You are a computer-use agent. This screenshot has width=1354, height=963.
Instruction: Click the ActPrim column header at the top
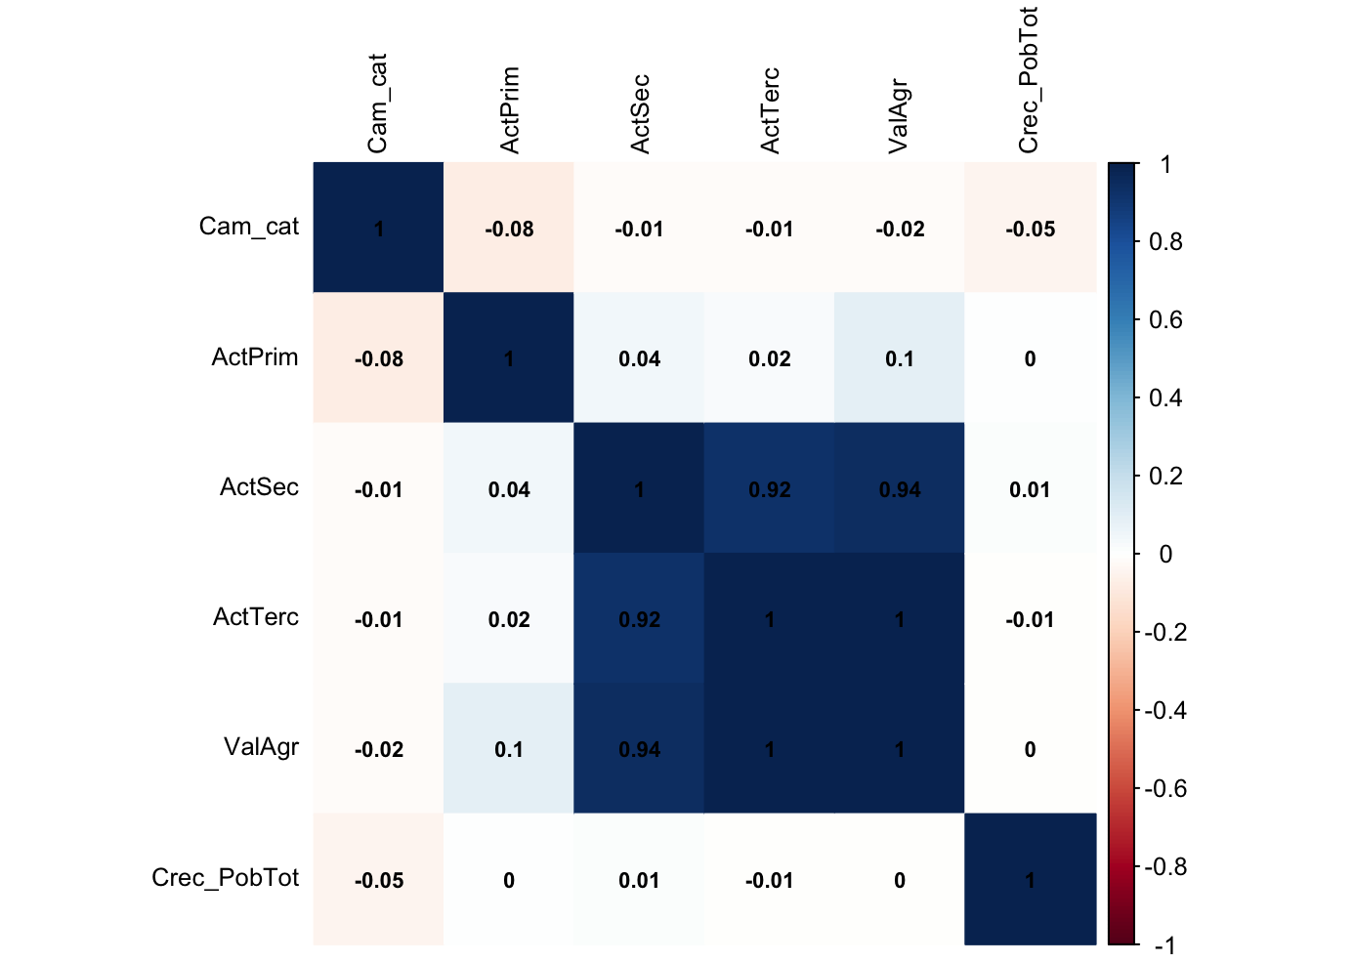509,110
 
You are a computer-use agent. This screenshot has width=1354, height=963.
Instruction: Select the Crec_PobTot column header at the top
1029,80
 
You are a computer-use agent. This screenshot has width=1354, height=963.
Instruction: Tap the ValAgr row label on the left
261,747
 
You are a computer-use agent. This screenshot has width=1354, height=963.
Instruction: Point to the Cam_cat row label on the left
248,227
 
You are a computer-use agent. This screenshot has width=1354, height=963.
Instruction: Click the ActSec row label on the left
259,487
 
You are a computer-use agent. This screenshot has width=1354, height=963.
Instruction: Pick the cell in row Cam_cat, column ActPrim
509,228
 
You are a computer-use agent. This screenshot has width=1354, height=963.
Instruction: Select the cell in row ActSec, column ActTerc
770,488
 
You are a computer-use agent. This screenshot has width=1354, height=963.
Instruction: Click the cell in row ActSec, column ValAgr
900,488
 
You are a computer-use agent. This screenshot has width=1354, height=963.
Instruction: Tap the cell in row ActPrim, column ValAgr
900,358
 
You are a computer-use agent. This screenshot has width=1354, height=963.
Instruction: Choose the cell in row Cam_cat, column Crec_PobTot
1030,228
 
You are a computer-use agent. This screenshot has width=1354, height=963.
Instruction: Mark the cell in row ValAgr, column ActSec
639,749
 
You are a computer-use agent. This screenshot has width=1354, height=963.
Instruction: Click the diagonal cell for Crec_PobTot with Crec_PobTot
1030,879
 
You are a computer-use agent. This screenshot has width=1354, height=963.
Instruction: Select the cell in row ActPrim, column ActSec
639,358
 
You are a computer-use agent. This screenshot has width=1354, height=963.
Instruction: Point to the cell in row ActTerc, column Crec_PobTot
1030,618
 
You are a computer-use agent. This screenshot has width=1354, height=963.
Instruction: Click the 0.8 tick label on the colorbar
1165,242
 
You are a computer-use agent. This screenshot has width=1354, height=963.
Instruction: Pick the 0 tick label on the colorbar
1165,555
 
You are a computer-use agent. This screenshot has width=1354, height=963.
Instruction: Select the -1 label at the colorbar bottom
1164,945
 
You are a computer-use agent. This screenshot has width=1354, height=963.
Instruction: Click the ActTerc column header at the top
770,110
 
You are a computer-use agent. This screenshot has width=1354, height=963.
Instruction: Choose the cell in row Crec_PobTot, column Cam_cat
379,879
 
